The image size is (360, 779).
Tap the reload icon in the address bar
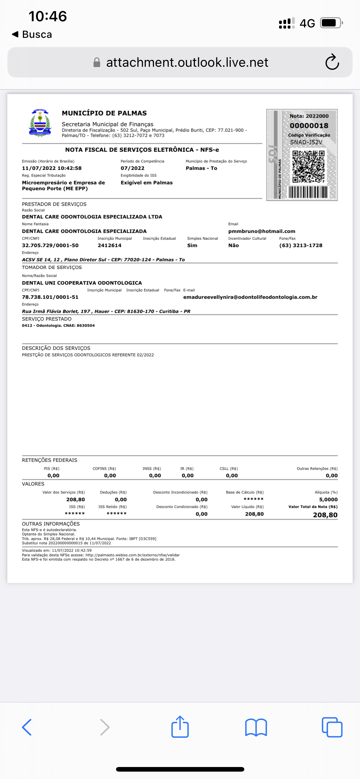pos(332,62)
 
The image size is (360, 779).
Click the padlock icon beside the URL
pos(97,62)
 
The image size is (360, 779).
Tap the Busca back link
pos(32,34)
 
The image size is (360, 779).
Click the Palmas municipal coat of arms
pos(40,123)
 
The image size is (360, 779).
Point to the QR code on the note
pos(308,166)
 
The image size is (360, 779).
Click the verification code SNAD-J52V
pos(306,142)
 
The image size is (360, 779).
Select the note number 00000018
pos(309,126)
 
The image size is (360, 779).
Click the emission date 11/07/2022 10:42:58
pos(52,168)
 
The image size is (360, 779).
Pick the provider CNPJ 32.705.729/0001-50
pos(50,246)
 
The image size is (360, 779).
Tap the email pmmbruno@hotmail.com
pos(262,231)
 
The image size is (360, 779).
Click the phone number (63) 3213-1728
pos(301,246)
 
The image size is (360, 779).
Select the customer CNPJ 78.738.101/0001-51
pos(50,297)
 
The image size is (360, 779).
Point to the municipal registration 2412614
pos(110,246)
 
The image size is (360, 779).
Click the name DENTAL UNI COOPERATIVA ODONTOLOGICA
pos(82,283)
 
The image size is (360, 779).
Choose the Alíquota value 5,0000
pos(328,500)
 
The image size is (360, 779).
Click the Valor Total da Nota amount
pos(325,515)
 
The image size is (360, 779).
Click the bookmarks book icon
pos(256,727)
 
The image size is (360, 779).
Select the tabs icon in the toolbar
pos(332,727)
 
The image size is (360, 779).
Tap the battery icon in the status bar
pos(331,23)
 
